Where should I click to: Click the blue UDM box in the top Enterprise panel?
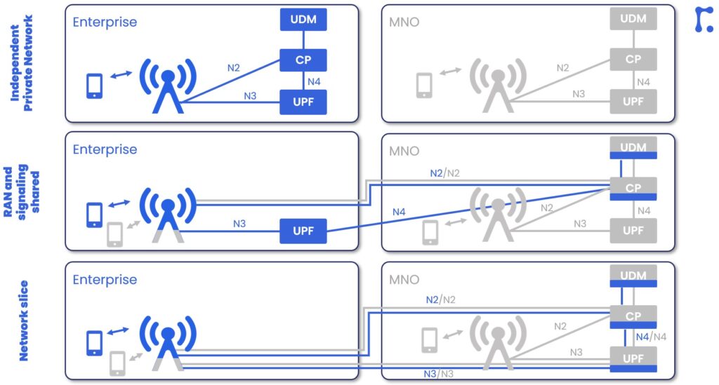(303, 19)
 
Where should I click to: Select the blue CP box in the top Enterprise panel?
(303, 60)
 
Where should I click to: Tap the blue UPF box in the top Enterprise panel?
(303, 102)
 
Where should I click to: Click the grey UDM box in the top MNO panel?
(633, 19)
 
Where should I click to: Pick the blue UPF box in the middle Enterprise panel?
(303, 231)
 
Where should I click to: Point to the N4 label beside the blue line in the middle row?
(399, 212)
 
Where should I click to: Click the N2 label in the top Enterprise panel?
(234, 68)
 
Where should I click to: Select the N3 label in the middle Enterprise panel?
(239, 224)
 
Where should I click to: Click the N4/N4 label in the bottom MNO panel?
(651, 337)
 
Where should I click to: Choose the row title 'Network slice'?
(24, 320)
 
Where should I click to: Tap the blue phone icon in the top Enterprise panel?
(94, 86)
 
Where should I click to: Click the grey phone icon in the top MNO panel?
(424, 86)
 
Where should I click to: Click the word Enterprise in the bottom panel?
(105, 280)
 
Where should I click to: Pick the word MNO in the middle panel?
(404, 151)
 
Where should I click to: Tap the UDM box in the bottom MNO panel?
(633, 276)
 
